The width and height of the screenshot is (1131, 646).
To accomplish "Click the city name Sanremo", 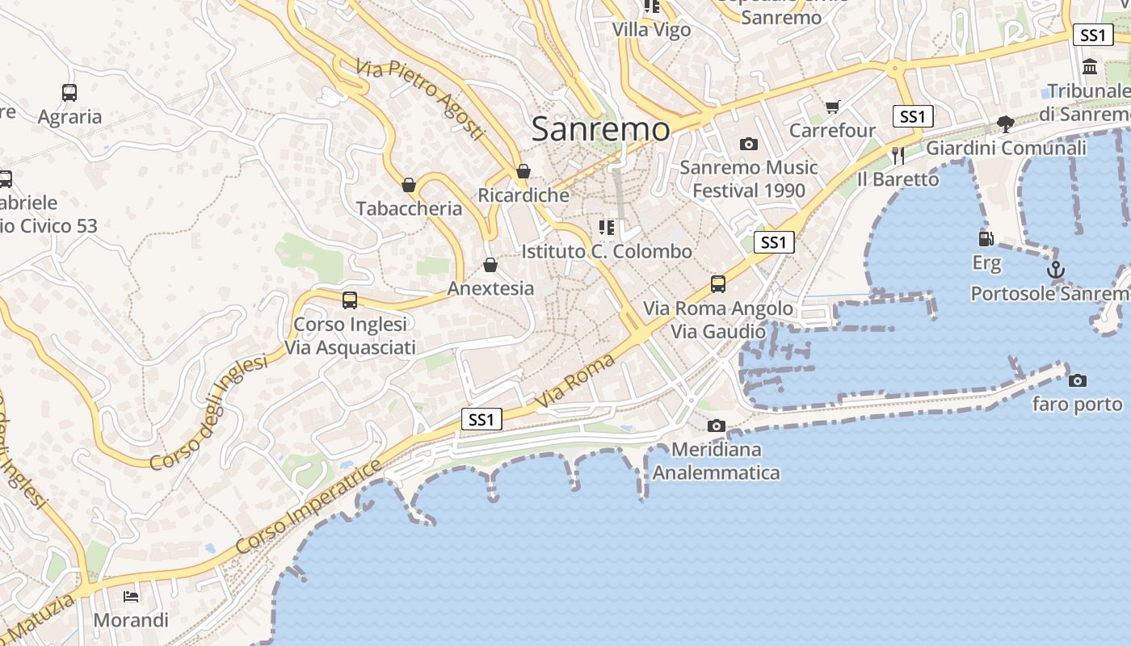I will [600, 129].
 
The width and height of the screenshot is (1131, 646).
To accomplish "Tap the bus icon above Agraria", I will [69, 93].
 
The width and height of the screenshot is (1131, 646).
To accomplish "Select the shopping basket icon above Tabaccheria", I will [409, 185].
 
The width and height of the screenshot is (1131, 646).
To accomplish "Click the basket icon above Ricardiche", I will [523, 171].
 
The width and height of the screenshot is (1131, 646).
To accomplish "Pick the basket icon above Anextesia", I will [490, 265].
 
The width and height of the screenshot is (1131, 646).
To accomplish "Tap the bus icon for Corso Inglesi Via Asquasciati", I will [350, 300].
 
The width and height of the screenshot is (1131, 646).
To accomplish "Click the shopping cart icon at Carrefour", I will [833, 107].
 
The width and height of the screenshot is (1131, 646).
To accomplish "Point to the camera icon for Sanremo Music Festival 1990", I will [749, 144].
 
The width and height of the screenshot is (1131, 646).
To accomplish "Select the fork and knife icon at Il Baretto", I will [898, 155].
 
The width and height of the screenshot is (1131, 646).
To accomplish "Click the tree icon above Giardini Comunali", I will [1006, 124].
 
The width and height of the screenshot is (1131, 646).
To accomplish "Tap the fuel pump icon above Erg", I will [986, 239].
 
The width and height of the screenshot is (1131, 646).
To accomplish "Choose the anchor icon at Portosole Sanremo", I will [1055, 270].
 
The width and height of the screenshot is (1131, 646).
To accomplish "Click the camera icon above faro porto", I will [1077, 380].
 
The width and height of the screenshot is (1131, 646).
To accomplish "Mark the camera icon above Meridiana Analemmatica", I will [716, 426].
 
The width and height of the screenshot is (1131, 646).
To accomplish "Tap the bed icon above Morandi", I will [131, 597].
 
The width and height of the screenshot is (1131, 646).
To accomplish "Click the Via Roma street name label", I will [575, 381].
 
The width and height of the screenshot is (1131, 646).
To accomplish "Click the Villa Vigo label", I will [651, 30].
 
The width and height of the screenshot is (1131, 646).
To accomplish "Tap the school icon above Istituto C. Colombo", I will [607, 228].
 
